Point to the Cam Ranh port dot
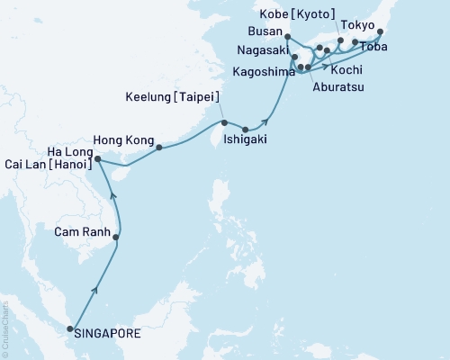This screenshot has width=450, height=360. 117,237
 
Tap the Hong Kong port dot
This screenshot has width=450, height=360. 158,148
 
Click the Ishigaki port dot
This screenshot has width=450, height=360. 245,130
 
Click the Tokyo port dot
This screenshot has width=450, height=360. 381,32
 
